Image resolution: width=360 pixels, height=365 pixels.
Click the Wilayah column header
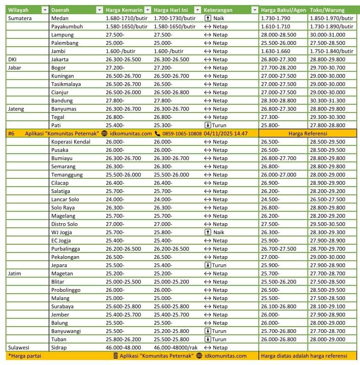(18, 10)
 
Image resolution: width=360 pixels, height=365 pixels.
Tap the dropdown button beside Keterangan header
(255, 10)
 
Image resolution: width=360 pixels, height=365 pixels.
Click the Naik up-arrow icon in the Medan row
(207, 18)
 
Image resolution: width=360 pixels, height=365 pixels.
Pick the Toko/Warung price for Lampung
(327, 35)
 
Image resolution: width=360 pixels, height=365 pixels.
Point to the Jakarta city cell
(60, 59)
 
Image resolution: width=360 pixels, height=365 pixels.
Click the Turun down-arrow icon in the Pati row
(207, 125)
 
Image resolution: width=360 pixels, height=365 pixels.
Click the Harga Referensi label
(307, 134)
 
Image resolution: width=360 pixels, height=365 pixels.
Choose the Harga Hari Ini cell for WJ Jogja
(164, 232)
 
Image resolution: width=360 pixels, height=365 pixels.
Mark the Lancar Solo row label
(65, 199)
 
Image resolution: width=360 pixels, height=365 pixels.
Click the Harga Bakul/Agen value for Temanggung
(278, 175)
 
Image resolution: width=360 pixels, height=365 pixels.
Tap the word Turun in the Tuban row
(219, 339)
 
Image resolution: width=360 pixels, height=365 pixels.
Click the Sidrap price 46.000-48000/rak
(175, 348)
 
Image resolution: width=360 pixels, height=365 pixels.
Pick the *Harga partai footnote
(23, 356)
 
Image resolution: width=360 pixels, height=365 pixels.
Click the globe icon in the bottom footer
(199, 356)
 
